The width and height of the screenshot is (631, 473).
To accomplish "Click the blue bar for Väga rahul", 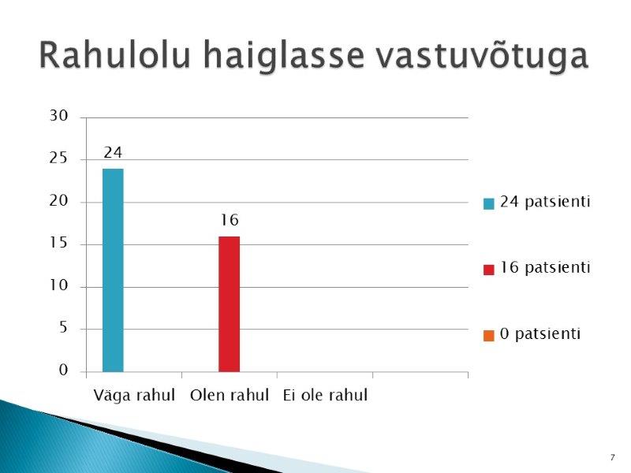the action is click(x=113, y=270).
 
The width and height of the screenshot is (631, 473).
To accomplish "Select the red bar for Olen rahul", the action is click(x=229, y=304).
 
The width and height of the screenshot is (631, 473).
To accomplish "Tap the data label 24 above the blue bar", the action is click(x=113, y=152).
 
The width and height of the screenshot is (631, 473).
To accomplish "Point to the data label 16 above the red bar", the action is click(x=230, y=220).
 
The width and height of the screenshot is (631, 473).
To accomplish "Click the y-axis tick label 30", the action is click(x=58, y=116).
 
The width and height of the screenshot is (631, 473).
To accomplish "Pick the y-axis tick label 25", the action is click(x=58, y=158).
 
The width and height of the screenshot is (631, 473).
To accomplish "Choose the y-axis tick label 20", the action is click(x=58, y=200).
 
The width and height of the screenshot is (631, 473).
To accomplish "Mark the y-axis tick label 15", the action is click(x=58, y=243).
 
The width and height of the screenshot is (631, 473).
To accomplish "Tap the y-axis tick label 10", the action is click(x=58, y=285).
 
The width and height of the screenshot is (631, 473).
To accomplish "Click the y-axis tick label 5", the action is click(x=63, y=327).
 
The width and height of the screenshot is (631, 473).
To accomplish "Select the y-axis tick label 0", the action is click(x=63, y=370).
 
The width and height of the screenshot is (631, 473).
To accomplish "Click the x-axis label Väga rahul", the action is click(x=134, y=395).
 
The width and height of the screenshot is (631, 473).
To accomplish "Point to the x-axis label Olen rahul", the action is click(x=230, y=395).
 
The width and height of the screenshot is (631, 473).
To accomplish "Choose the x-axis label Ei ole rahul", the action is click(x=325, y=395).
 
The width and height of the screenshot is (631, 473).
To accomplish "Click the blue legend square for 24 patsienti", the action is click(x=488, y=203).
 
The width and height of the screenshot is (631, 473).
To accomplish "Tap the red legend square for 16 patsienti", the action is click(x=488, y=270).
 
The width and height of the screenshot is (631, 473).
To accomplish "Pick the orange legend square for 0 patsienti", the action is click(x=488, y=336).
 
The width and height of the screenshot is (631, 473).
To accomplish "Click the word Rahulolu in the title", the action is click(x=114, y=55).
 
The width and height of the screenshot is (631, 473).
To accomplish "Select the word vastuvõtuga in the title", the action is click(x=482, y=56).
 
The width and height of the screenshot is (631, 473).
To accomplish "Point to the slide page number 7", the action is click(x=613, y=457).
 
